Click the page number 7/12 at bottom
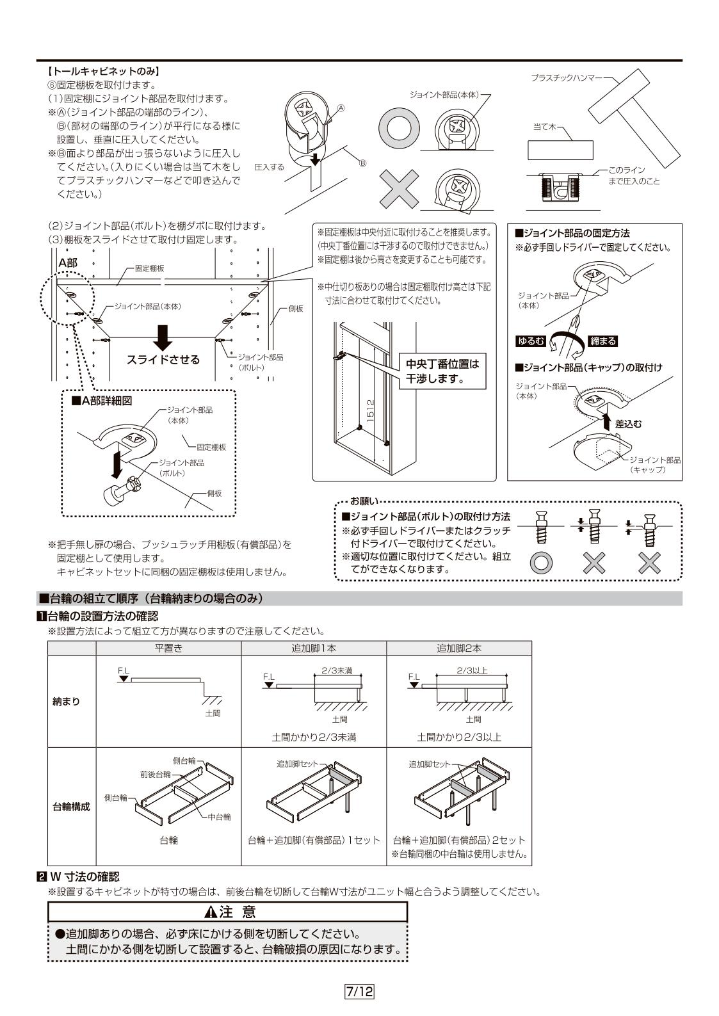coord(359,992)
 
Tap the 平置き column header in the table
coord(168,648)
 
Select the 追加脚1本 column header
coord(314,648)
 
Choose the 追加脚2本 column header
coord(459,648)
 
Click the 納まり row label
coord(66,701)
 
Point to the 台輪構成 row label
coord(71,807)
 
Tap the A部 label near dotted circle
coord(68,263)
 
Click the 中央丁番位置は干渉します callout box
coord(442,371)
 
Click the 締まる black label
coord(602,341)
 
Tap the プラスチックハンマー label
coord(566,77)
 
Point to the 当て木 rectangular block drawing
coord(560,150)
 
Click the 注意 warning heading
coord(228,911)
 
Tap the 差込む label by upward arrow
coord(628,424)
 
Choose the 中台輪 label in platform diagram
coord(219,817)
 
